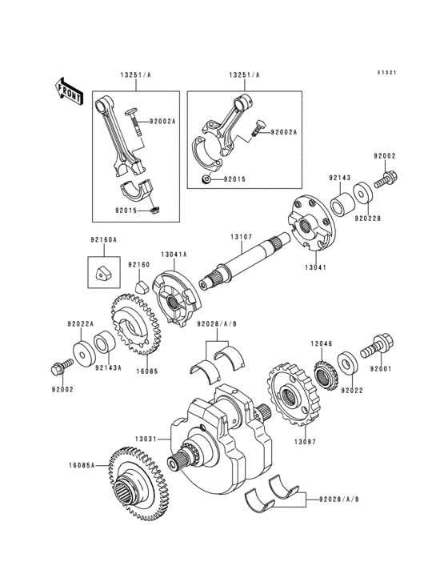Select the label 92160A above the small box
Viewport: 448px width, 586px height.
102,240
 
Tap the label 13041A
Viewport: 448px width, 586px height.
174,255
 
